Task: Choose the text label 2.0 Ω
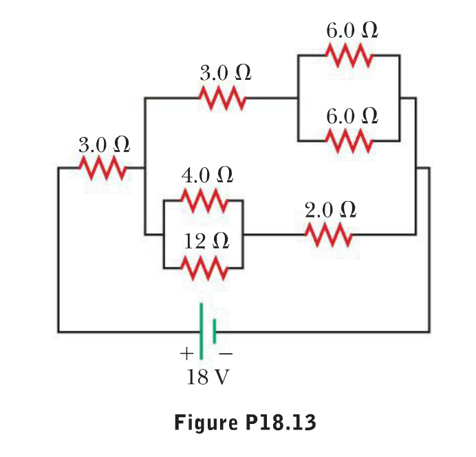point(330,210)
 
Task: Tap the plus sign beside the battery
point(186,354)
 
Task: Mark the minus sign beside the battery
point(226,354)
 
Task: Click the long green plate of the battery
point(202,331)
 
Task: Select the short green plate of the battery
point(215,331)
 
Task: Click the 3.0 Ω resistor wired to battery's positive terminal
point(102,167)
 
